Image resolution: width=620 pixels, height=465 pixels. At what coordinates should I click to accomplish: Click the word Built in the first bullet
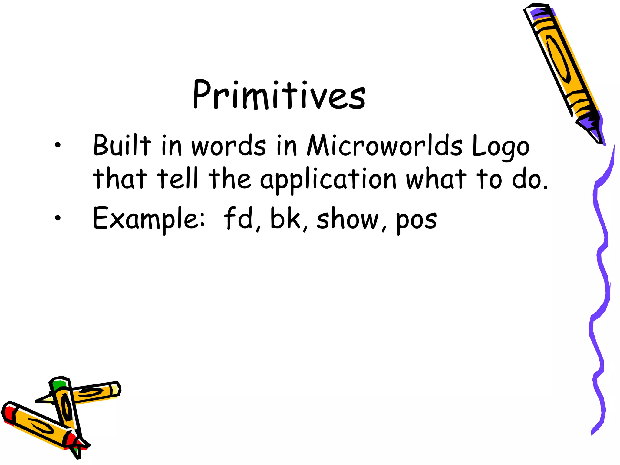point(122,145)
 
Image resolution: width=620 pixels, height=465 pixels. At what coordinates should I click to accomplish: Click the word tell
point(178,179)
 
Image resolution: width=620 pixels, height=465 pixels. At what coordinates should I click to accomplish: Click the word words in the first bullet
point(229,146)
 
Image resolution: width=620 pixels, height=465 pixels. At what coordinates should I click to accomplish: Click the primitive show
point(348,219)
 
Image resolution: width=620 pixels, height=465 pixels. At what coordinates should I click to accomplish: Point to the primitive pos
point(417,220)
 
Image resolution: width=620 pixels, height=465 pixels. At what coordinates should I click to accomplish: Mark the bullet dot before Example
point(58,217)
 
